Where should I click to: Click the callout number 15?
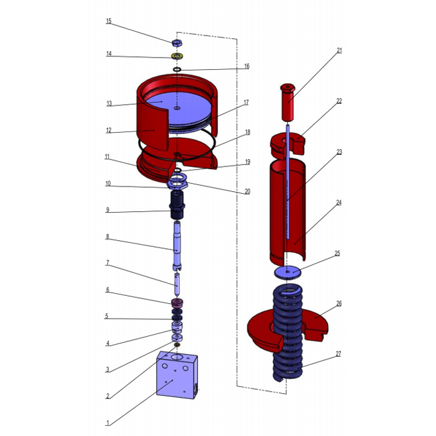pyautogui.click(x=109, y=21)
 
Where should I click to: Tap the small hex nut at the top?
pyautogui.click(x=177, y=42)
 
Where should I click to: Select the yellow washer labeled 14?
pyautogui.click(x=177, y=56)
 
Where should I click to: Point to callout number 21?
pyautogui.click(x=339, y=50)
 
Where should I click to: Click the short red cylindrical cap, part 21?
pyautogui.click(x=288, y=102)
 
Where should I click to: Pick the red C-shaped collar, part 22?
pyautogui.click(x=288, y=144)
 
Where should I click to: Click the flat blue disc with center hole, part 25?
pyautogui.click(x=288, y=272)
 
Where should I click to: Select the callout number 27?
pyautogui.click(x=338, y=354)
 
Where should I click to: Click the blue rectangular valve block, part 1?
pyautogui.click(x=177, y=375)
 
